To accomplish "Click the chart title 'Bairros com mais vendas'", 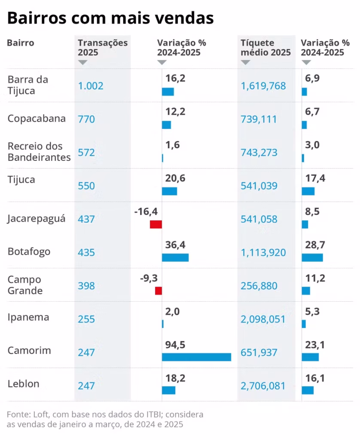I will click(110, 18).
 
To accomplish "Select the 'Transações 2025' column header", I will click(103, 48).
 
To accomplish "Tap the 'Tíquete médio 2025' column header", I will click(265, 48).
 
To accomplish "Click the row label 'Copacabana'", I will click(37, 119).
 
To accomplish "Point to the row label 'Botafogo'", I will click(29, 251).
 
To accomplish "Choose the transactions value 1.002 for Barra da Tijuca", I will click(91, 86).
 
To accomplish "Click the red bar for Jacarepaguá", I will click(156, 224).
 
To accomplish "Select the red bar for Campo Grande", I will click(159, 290).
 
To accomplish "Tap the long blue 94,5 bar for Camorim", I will click(196, 357).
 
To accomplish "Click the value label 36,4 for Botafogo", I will click(175, 245).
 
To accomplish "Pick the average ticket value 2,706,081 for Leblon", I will click(263, 386).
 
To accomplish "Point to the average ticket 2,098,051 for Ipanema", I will click(263, 319).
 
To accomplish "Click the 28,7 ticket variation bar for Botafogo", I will click(312, 257).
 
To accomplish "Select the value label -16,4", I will click(146, 211).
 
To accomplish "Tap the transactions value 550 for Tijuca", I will click(86, 186).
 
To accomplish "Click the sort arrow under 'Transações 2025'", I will click(83, 63).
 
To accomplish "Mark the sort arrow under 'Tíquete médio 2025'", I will click(245, 63).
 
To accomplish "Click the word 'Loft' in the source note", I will click(38, 415).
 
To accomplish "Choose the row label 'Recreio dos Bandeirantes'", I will click(39, 152).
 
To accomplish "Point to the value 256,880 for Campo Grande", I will click(259, 286).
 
